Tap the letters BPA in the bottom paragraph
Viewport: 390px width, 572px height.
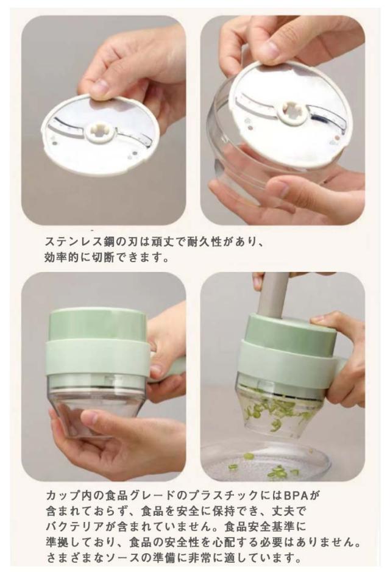(297, 495)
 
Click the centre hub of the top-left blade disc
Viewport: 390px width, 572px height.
(99, 132)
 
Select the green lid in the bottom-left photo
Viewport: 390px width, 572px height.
(97, 324)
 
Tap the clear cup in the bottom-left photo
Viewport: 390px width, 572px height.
(97, 401)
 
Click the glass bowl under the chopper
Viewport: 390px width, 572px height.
(266, 462)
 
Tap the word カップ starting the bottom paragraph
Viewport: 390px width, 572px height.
(62, 495)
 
